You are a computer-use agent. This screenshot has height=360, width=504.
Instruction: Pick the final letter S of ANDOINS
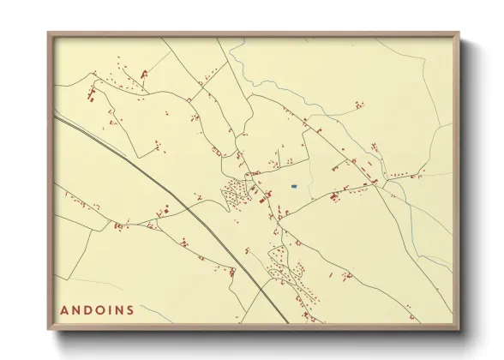tap(130, 309)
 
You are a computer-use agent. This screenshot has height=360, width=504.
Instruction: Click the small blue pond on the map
tap(293, 186)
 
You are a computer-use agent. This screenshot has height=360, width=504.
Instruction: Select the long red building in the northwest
tap(144, 75)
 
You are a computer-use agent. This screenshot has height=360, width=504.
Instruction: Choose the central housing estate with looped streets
tap(236, 192)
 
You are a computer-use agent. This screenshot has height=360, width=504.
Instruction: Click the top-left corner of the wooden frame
tap(49, 34)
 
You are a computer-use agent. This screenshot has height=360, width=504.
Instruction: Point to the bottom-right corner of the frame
tap(458, 329)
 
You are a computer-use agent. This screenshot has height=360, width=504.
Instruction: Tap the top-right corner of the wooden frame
tap(458, 34)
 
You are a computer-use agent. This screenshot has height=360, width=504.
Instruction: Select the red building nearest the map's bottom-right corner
tap(348, 276)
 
